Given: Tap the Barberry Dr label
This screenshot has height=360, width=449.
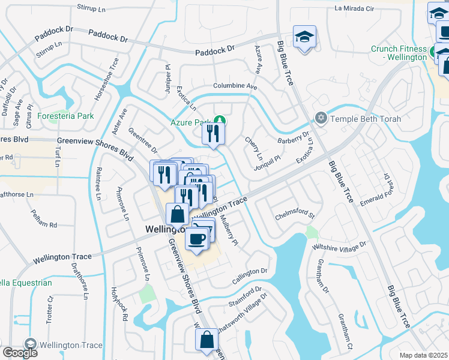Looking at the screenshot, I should click(x=293, y=140).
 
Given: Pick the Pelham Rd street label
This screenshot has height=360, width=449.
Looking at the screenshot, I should click(x=44, y=224).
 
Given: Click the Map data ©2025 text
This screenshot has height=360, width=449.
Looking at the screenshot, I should click(x=424, y=355).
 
